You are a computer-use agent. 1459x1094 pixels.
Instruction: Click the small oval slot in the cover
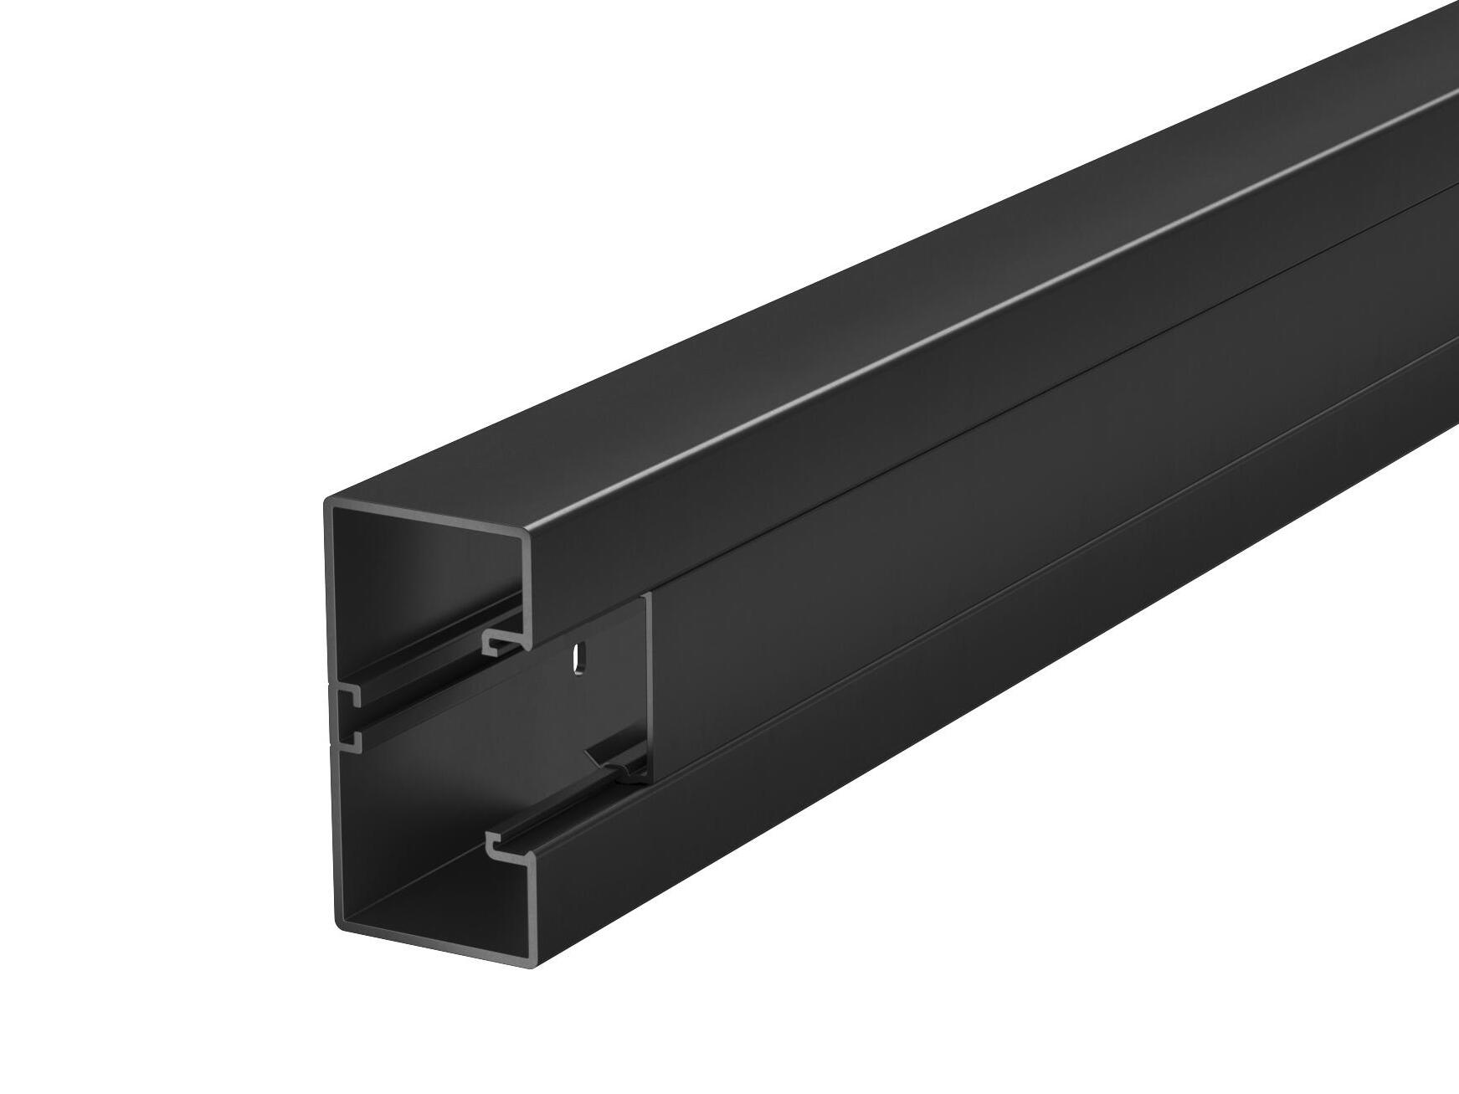pos(577,657)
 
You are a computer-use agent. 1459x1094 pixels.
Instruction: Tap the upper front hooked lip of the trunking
pos(502,641)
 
